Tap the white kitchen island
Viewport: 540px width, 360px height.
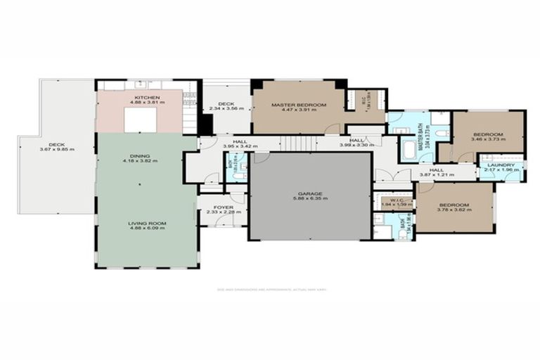(145, 120)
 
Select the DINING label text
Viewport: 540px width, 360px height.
(139, 156)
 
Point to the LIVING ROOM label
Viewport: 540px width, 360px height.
(147, 224)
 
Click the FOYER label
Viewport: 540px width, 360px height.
(224, 207)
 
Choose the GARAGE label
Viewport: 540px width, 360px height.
(309, 193)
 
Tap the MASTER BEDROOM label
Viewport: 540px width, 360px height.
(299, 105)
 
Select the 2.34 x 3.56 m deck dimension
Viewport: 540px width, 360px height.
(226, 109)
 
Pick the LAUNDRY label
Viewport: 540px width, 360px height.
(501, 165)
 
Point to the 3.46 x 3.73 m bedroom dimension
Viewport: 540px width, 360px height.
(487, 139)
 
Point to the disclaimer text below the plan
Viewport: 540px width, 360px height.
(270, 288)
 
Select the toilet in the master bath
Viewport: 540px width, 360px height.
(442, 134)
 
